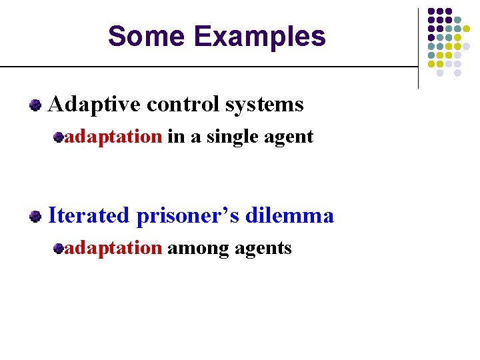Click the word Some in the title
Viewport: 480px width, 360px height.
tap(138, 36)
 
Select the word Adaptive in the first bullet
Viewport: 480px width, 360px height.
tap(95, 105)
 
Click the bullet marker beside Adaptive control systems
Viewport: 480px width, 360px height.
tap(35, 105)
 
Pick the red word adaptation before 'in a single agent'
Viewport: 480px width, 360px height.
tap(113, 137)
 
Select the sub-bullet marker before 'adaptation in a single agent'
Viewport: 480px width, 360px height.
tap(59, 137)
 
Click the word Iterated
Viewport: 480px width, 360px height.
tap(89, 216)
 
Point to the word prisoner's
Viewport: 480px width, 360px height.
tap(189, 216)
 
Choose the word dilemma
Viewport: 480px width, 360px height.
tap(290, 216)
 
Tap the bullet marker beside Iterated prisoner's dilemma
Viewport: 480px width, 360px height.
tap(35, 217)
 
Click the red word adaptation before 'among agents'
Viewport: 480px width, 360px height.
tap(113, 249)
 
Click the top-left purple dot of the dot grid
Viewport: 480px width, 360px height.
tap(431, 11)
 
